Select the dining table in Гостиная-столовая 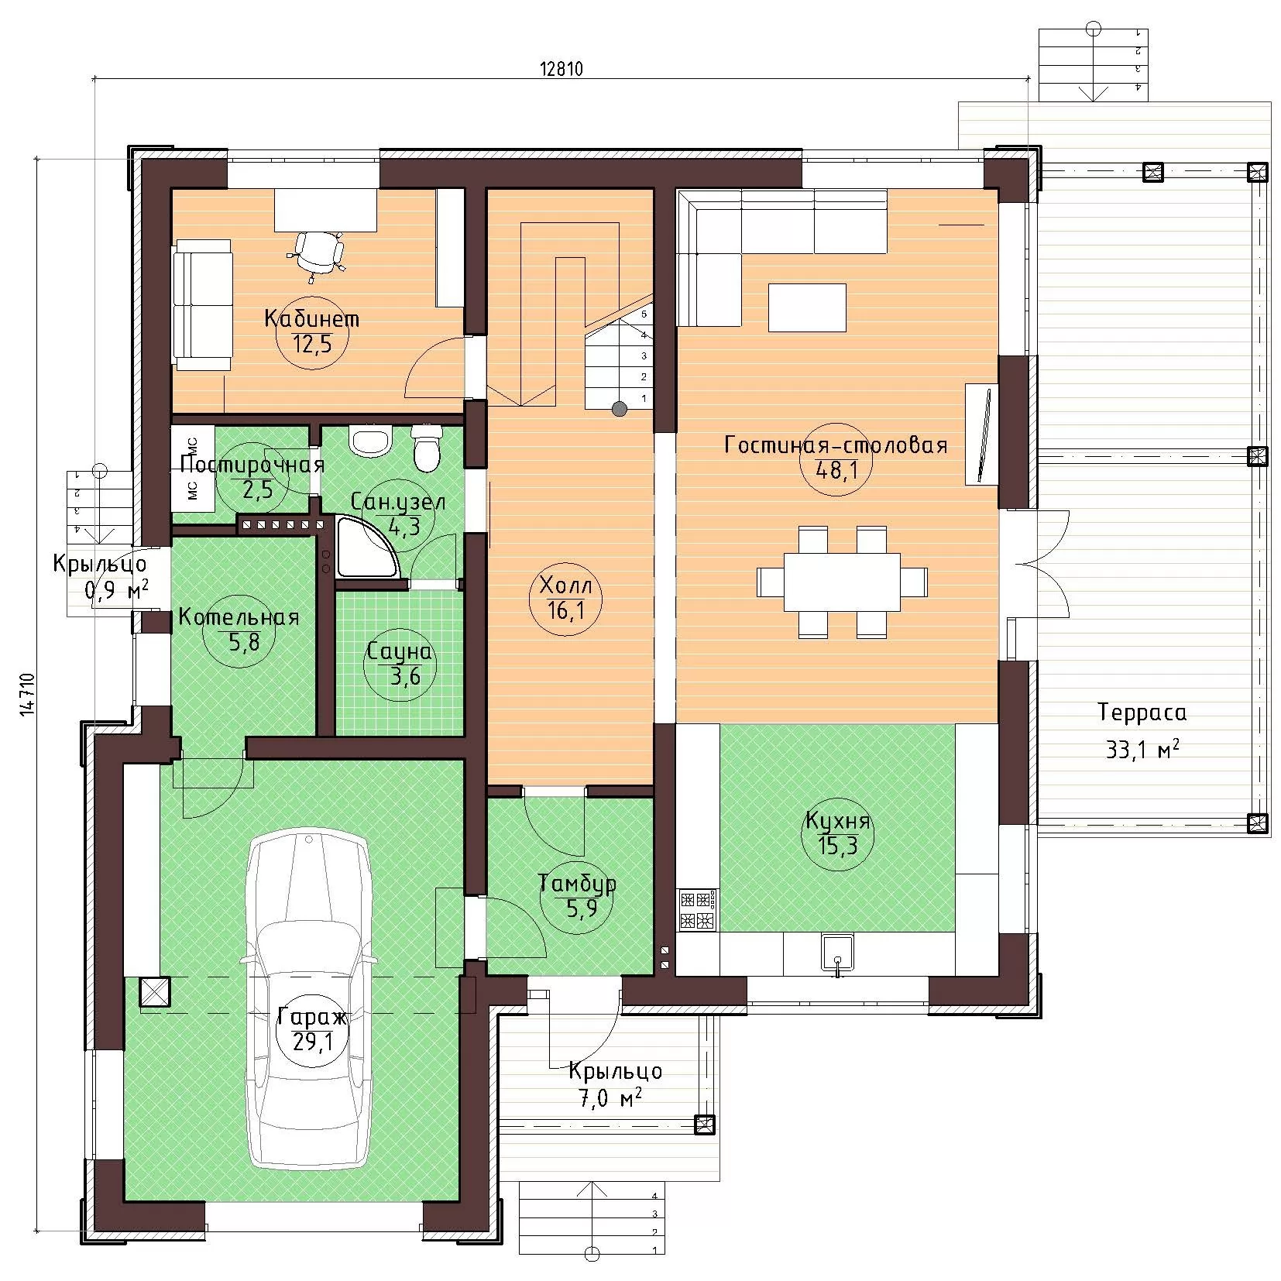pos(842,582)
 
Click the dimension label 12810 pos(560,68)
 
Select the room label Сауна pos(400,652)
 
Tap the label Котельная pos(239,617)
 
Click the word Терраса pos(1142,713)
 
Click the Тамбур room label pos(578,883)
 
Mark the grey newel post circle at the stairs pos(619,409)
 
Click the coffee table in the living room pos(807,307)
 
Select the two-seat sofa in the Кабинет pos(203,305)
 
